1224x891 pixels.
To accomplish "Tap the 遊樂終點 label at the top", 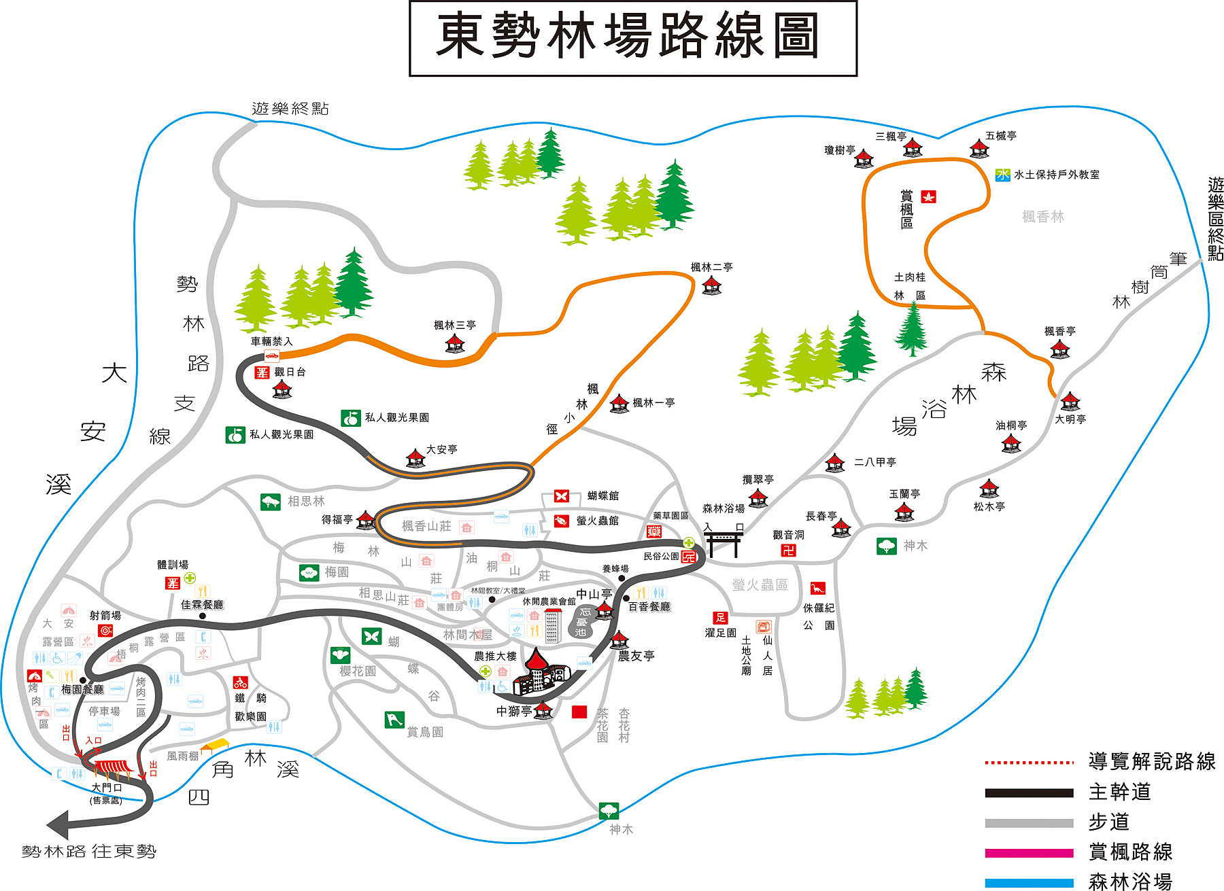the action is click(x=290, y=109).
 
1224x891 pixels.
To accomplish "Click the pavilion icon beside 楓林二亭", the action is click(x=712, y=285).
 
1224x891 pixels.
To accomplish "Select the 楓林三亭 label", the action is click(x=455, y=326).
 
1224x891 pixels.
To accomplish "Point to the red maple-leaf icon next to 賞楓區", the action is click(x=928, y=197).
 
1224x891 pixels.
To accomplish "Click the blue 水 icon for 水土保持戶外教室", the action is click(x=1003, y=175).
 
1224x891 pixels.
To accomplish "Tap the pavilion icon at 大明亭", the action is click(x=1070, y=402).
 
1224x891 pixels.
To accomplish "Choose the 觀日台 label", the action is click(x=290, y=372).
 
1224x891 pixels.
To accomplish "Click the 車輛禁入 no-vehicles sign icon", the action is click(x=271, y=355).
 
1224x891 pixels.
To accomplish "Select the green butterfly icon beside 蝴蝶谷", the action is click(x=371, y=636).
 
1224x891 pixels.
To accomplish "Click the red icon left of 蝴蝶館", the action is click(x=562, y=496).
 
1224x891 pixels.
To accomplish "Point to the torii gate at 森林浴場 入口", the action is click(x=724, y=543).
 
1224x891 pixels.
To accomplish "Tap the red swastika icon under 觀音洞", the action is click(x=788, y=551).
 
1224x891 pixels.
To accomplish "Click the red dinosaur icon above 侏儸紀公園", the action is click(x=817, y=588).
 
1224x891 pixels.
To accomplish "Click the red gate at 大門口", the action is click(x=112, y=767).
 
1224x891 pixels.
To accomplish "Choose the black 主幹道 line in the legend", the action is click(x=1029, y=792).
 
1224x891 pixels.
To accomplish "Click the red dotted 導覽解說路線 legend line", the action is click(x=1029, y=763).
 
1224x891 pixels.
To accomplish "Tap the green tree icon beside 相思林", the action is click(x=271, y=502).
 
